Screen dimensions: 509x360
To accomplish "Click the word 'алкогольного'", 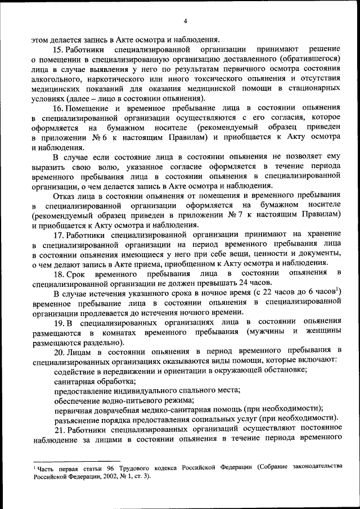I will (56, 79).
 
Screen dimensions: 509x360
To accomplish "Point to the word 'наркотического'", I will (114, 79).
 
